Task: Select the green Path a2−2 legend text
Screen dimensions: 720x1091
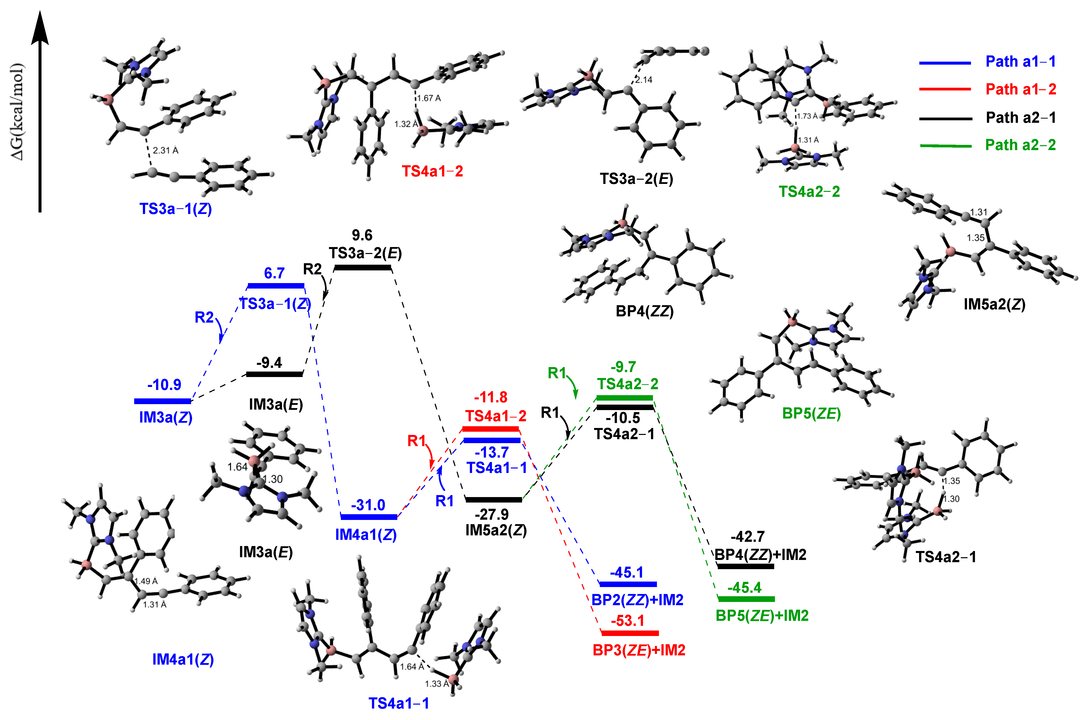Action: click(x=1020, y=145)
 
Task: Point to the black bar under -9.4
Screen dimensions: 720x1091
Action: click(x=275, y=374)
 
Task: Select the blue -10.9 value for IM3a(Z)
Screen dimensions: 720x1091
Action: click(x=164, y=385)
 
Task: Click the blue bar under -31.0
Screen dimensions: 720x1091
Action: click(x=368, y=517)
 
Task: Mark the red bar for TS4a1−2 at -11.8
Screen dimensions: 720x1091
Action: click(x=490, y=429)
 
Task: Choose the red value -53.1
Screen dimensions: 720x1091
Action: click(x=627, y=621)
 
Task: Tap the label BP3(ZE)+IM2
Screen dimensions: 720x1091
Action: click(x=639, y=650)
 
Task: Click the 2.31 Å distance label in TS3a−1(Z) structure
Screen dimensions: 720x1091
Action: click(x=165, y=151)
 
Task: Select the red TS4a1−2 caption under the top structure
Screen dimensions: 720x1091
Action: click(x=432, y=171)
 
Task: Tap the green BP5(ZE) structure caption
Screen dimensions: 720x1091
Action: click(x=811, y=414)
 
